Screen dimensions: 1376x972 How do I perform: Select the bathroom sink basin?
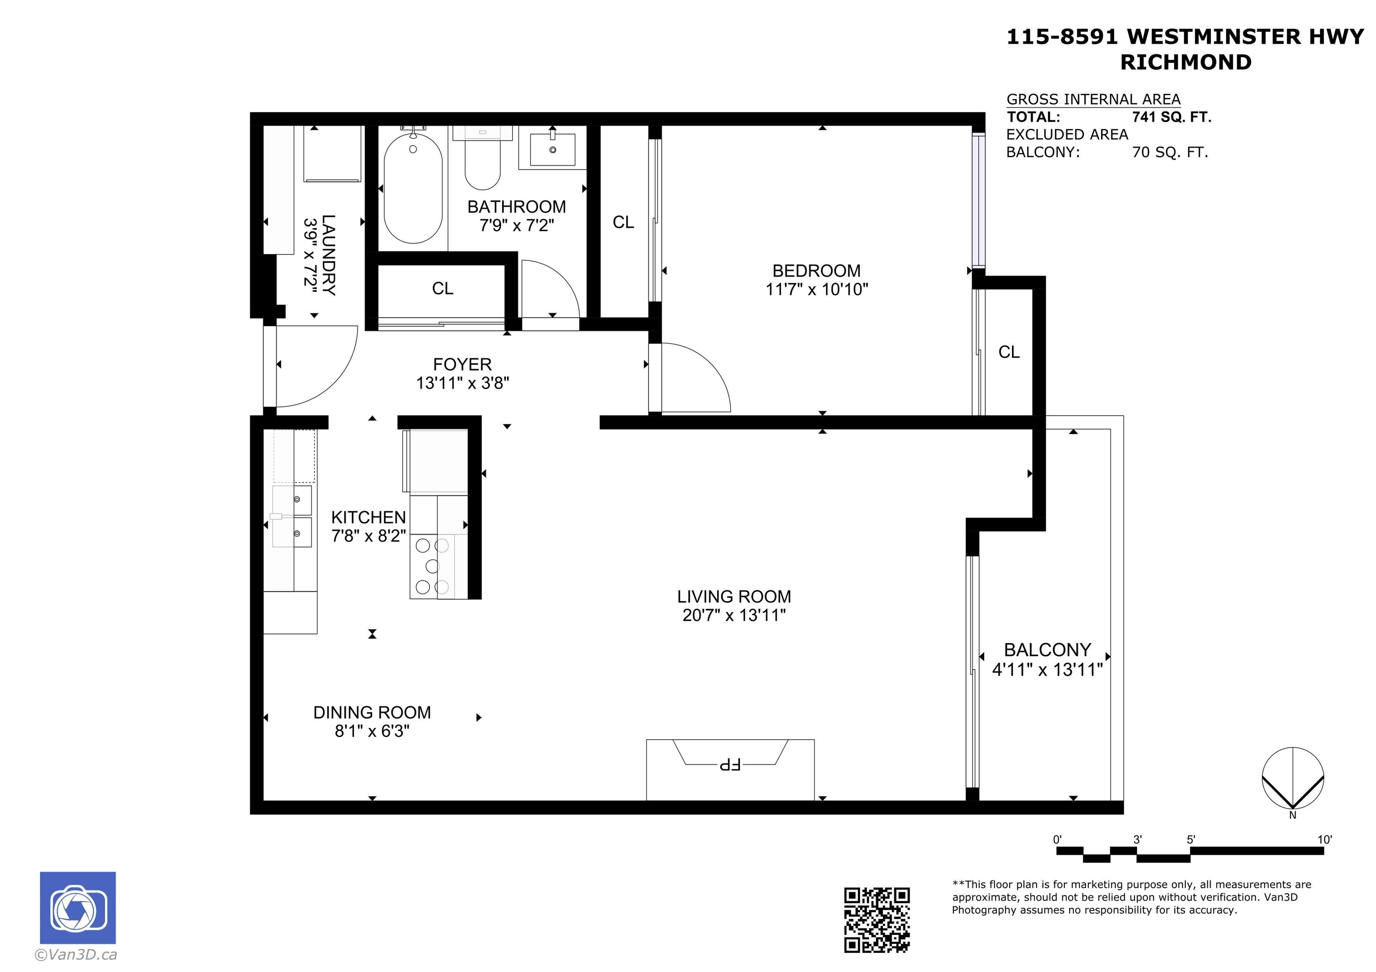tap(553, 150)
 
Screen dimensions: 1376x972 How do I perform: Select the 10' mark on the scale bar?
tap(1324, 839)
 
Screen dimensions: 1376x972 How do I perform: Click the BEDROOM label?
tap(816, 271)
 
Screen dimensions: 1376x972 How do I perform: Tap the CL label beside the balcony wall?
tap(1009, 352)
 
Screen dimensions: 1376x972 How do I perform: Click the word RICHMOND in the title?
tap(1186, 62)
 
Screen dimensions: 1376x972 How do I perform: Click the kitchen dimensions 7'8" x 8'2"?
tap(369, 535)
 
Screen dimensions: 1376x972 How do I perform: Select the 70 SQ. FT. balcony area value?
tap(1170, 152)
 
